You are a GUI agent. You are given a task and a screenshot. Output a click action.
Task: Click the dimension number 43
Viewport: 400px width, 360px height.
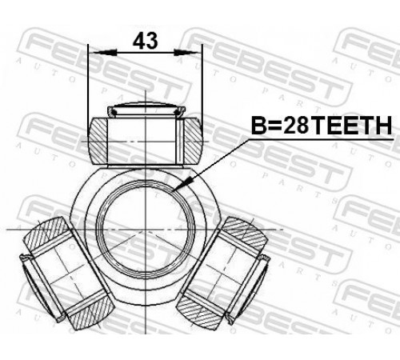pos(146,41)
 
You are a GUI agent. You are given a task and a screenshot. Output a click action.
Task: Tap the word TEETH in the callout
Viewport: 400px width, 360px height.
pos(350,126)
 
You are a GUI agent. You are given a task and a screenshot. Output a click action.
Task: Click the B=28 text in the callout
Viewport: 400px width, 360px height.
pos(280,126)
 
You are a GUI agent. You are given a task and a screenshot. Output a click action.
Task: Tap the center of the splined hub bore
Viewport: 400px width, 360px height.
pos(146,230)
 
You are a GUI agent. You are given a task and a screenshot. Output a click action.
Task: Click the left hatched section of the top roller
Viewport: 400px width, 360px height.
pos(98,141)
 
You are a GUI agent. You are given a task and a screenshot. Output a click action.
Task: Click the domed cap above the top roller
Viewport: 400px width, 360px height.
pos(146,109)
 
